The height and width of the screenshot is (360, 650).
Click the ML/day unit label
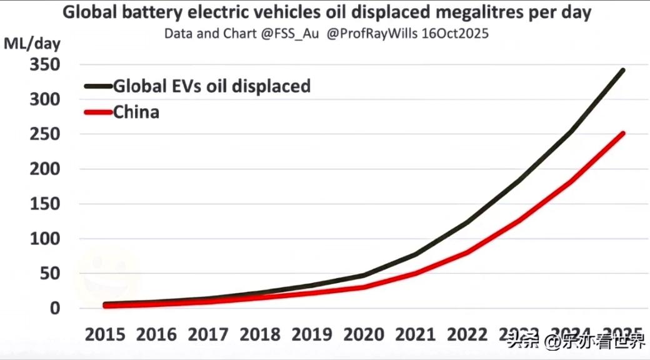coord(32,44)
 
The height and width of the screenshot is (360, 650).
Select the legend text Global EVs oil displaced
coord(212,86)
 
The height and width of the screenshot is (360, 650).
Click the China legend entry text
coord(136,112)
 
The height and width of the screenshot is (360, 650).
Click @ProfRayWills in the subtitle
coord(372,33)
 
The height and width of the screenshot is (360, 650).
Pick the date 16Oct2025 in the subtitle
coord(455,33)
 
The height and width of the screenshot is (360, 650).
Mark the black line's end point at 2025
coord(622,70)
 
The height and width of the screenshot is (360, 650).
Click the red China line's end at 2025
coord(622,133)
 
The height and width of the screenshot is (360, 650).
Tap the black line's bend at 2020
coord(364,275)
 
